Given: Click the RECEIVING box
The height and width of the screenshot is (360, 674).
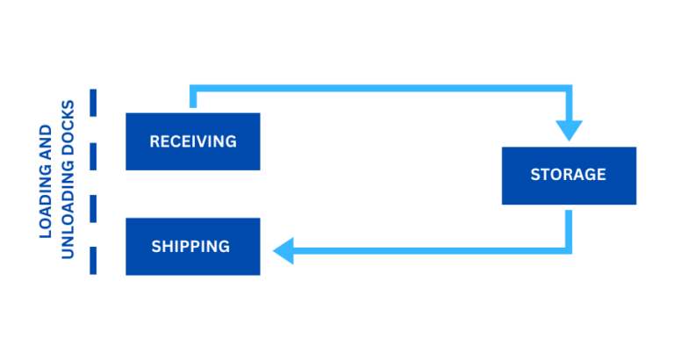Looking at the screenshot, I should pos(193,141).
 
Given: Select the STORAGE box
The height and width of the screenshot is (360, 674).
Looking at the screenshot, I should pos(568,175).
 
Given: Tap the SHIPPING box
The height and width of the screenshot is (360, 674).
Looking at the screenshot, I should pos(193,247).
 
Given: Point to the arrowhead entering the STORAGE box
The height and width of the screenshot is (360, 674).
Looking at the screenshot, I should pos(569,131).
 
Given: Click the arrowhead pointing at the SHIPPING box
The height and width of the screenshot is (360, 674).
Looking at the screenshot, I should pos(283,251).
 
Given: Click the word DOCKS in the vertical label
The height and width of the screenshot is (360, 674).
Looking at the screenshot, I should pos(68,132).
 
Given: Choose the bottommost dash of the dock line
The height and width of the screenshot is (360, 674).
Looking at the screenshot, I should pos(93,261).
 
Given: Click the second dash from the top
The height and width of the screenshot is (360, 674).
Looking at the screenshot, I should pos(93,155).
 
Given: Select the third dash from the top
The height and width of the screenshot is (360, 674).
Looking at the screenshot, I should pos(93,208).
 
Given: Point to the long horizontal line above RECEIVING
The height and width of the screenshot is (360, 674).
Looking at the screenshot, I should pos(377,88).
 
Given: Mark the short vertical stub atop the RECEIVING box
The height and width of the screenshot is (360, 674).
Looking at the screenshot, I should pos(193,99).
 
